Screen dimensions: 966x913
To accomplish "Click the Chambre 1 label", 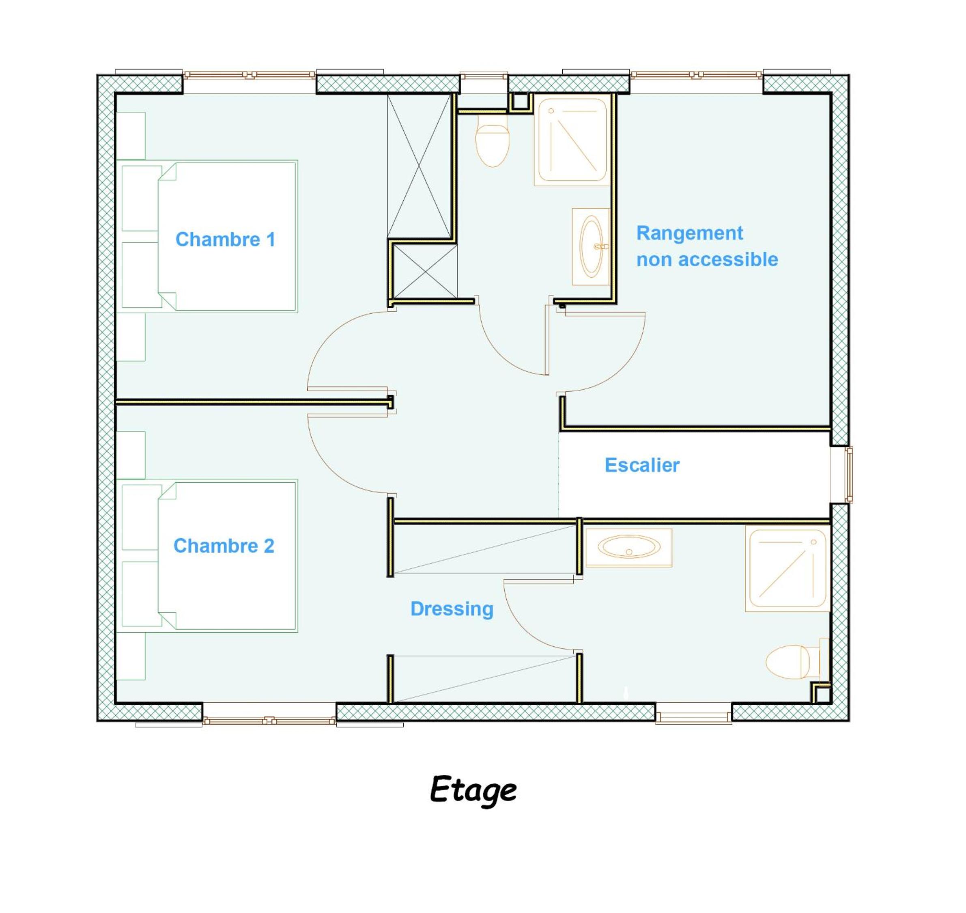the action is click(225, 240).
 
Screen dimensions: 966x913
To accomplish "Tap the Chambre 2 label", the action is click(224, 546).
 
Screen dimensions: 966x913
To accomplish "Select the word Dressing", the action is click(452, 609).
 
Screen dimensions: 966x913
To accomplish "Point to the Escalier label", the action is click(642, 465).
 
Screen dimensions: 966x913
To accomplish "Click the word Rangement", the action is click(690, 233).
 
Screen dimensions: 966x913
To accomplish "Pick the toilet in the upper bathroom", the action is click(492, 141).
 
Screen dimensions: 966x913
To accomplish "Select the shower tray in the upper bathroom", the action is click(572, 141).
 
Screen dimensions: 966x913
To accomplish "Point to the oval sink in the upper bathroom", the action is click(592, 247).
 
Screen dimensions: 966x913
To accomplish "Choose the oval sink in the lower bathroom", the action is click(628, 548).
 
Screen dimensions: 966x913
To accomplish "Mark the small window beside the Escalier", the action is click(848, 475).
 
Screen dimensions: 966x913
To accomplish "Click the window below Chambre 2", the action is click(269, 720).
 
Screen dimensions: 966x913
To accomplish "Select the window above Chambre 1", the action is click(250, 75).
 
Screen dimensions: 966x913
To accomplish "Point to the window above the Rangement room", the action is click(697, 75).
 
